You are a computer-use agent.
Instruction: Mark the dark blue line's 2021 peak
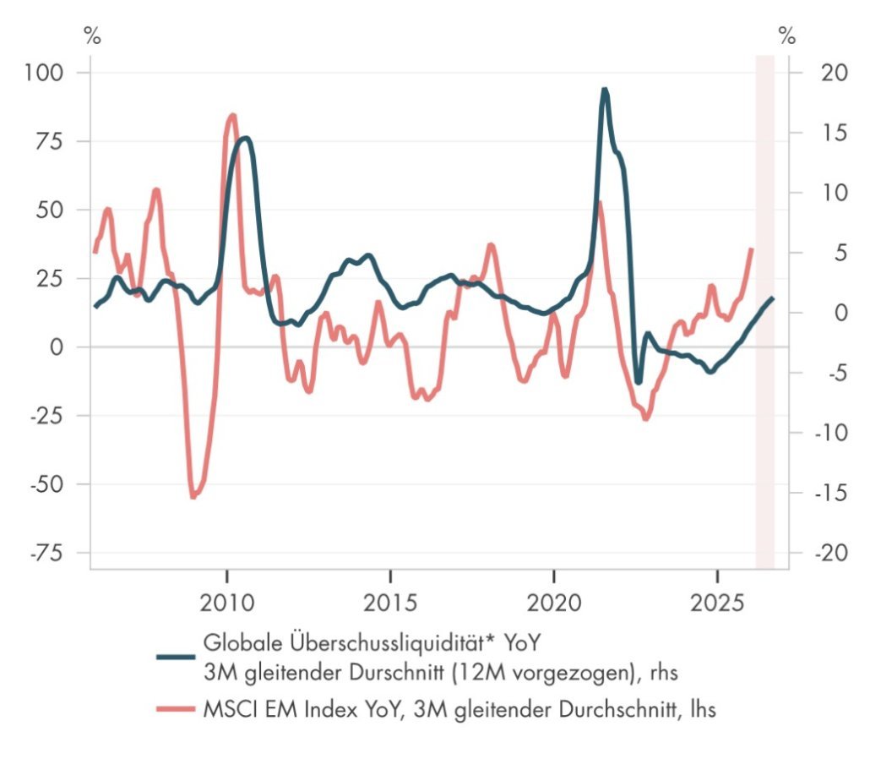604,89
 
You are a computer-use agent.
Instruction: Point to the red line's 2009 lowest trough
193,496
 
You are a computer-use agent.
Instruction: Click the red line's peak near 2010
232,116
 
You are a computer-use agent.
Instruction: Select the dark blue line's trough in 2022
639,383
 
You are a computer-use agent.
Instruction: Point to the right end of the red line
751,249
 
